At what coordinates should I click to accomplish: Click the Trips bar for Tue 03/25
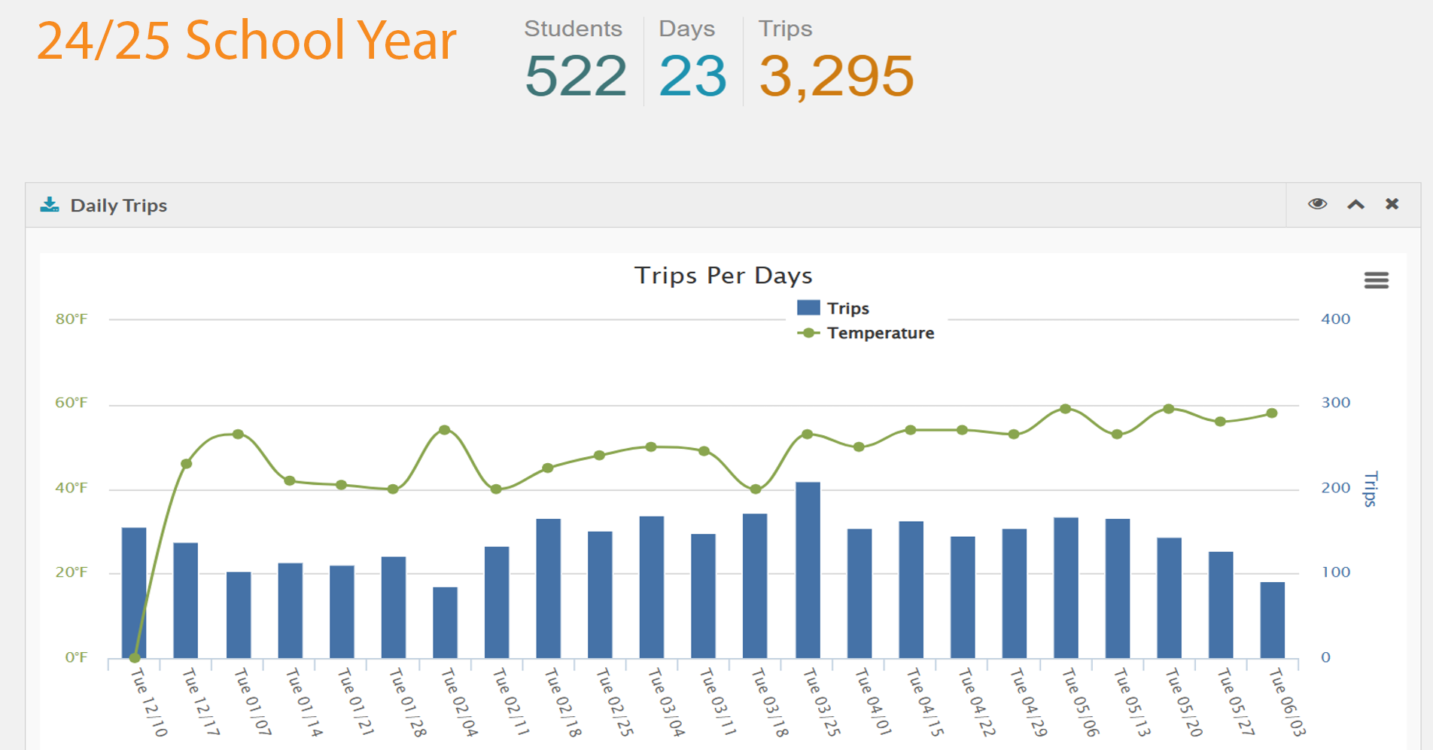tap(808, 570)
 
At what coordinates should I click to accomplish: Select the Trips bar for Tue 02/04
tap(445, 622)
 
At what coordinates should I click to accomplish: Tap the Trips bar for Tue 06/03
tap(1272, 620)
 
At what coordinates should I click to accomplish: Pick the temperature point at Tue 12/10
tap(135, 657)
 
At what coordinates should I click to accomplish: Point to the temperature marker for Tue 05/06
tap(1065, 409)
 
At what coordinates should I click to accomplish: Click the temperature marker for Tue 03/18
tap(756, 489)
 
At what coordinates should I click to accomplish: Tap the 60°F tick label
tap(71, 403)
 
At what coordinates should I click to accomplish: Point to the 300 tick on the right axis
tap(1335, 403)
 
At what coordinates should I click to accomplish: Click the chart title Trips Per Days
tap(723, 276)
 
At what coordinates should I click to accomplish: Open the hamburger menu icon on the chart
tap(1376, 280)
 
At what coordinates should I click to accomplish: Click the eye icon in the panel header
tap(1317, 204)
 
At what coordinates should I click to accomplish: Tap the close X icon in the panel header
tap(1392, 204)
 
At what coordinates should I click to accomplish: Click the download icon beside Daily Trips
tap(50, 205)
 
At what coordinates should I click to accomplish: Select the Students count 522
tap(576, 76)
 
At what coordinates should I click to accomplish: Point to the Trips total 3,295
tap(836, 76)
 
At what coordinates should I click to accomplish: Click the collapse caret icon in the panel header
tap(1355, 204)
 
